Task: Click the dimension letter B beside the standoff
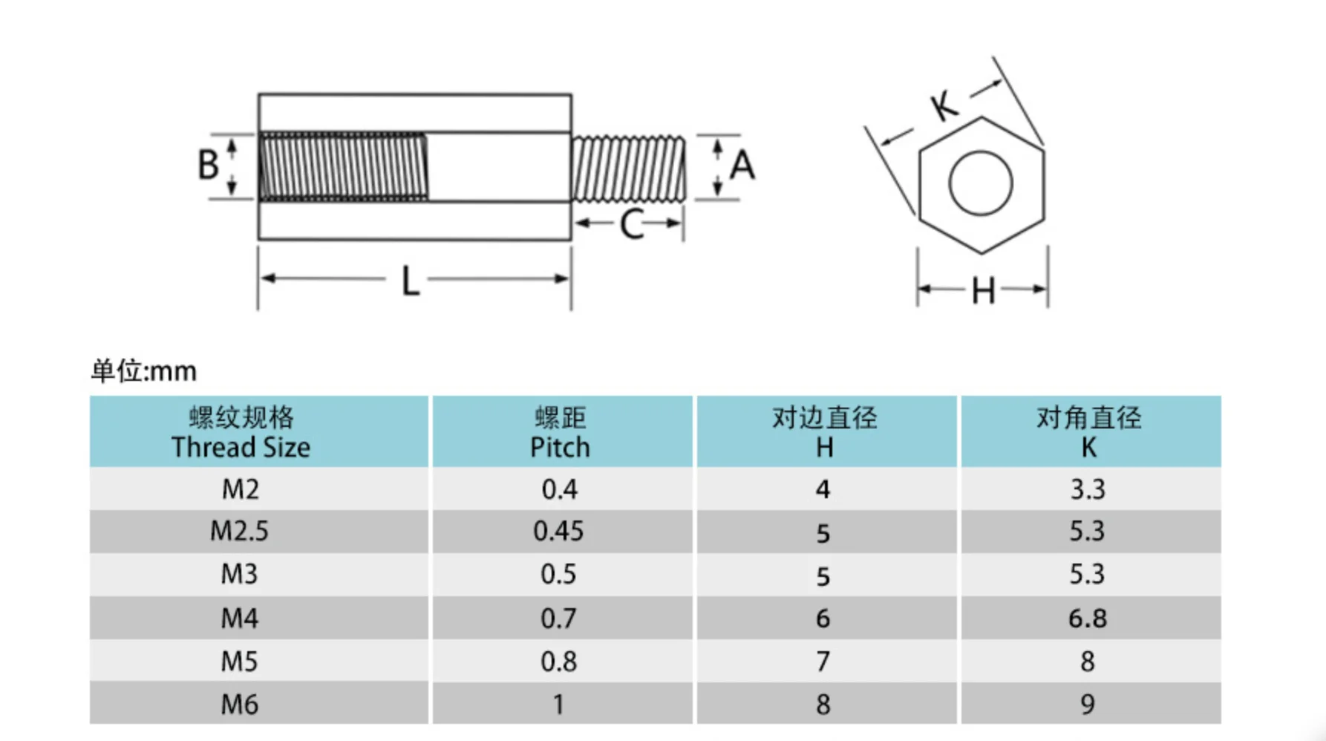208,165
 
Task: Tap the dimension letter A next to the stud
742,165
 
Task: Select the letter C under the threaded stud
631,224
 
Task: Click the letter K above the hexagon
944,105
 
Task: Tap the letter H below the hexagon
983,291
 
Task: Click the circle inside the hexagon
980,183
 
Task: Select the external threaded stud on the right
628,169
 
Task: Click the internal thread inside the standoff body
343,167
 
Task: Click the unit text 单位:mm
144,370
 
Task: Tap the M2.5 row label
239,531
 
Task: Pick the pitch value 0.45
558,531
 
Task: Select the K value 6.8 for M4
1087,618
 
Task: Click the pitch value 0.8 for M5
558,661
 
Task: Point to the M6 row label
239,704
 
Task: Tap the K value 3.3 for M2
1087,489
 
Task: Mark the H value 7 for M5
823,661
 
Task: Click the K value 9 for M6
1087,704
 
